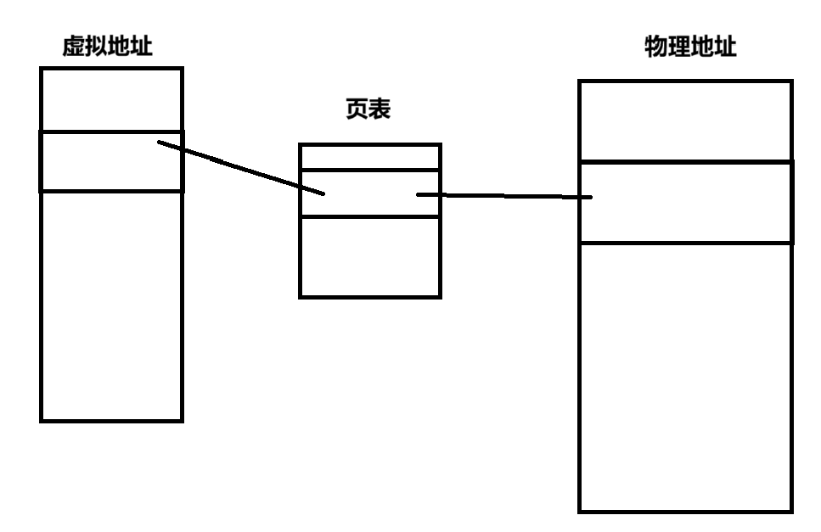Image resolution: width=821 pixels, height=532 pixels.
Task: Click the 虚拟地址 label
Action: pos(107,47)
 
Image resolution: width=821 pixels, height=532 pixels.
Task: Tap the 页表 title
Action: pos(368,109)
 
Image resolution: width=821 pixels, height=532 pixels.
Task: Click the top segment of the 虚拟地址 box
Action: pos(111,99)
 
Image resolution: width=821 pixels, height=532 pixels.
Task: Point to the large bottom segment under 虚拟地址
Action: pos(111,305)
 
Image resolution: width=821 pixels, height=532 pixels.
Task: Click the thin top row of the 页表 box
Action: pos(369,157)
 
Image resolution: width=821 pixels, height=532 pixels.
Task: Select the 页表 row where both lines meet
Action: pos(369,193)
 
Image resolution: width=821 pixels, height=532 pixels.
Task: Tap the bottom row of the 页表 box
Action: pos(369,256)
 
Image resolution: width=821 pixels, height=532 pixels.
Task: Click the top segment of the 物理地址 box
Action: pos(685,120)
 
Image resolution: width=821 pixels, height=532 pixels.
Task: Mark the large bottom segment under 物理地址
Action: pos(685,377)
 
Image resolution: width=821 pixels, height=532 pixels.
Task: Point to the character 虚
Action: pos(74,47)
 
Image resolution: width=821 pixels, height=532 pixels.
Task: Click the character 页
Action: pos(357,109)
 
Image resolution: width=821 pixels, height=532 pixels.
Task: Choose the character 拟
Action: pos(96,47)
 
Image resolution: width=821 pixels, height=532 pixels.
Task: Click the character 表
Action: pos(380,109)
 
